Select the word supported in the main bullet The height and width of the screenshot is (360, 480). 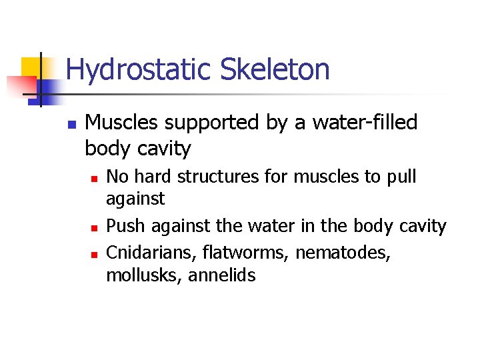193,123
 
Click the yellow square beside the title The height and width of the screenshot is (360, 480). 31,67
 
